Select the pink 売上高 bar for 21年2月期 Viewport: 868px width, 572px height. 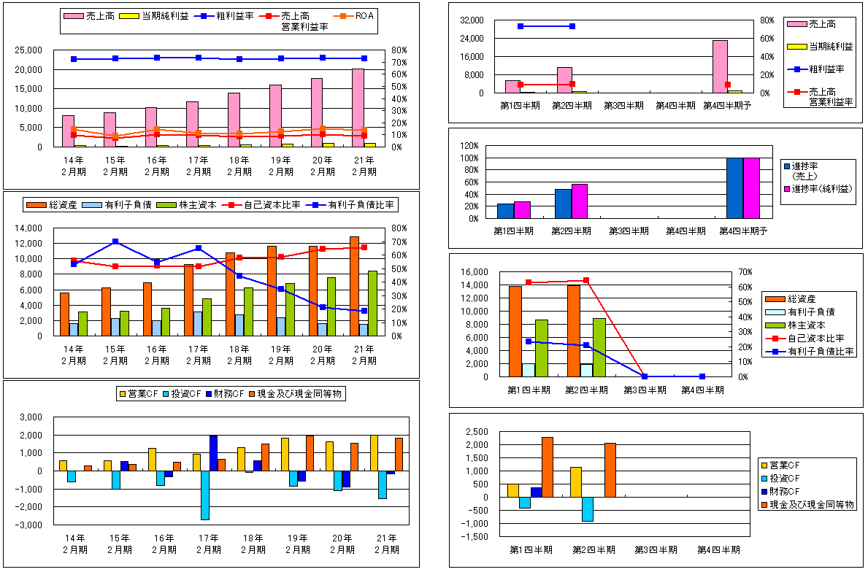[358, 108]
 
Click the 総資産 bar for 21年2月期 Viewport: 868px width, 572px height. [355, 286]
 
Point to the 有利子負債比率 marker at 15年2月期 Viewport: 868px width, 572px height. [115, 241]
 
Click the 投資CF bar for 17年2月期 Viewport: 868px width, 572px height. [205, 495]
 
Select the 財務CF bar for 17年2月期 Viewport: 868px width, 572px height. [213, 453]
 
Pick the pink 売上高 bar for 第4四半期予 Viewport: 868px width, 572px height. [720, 66]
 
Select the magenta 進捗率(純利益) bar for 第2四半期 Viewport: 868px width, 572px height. [579, 201]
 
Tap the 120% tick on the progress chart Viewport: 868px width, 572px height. [469, 146]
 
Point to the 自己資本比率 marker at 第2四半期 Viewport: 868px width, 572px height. [586, 280]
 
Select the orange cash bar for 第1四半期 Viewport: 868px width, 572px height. [548, 467]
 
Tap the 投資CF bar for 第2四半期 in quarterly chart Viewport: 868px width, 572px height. [588, 509]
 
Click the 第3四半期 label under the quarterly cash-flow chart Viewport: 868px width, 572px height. [656, 549]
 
